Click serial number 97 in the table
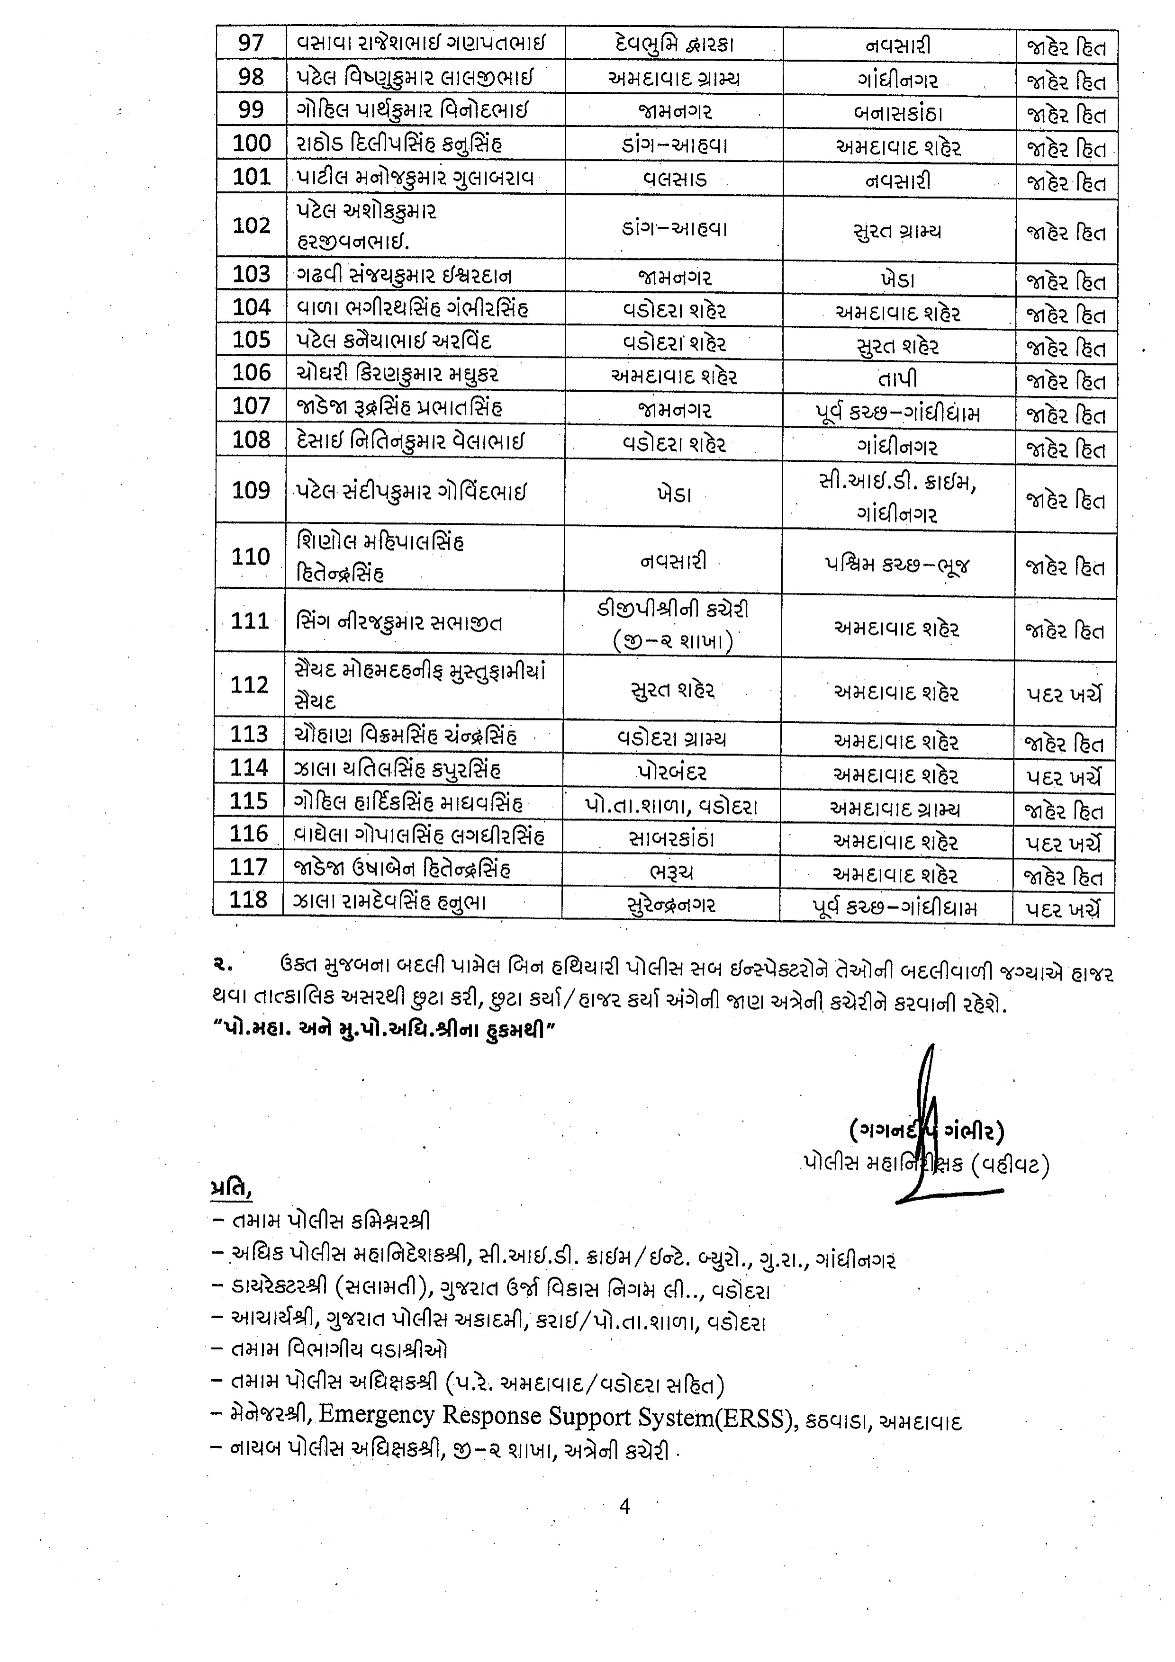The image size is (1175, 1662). coord(251,44)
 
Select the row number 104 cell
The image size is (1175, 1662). coord(251,307)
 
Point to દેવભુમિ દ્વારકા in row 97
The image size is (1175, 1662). coord(673,44)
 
